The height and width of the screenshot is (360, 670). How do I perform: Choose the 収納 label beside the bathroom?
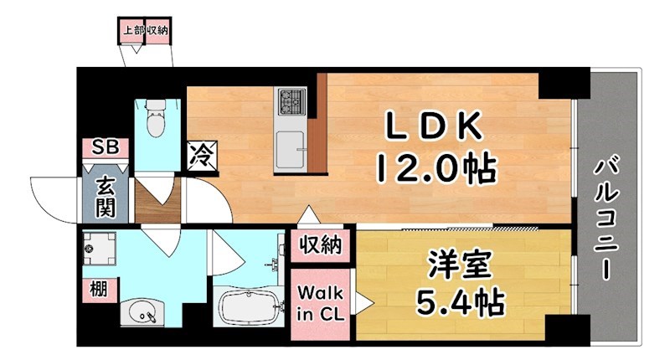tap(321, 245)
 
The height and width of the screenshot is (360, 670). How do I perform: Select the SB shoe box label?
tap(106, 149)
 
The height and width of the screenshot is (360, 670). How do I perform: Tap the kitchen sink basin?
tap(290, 151)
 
